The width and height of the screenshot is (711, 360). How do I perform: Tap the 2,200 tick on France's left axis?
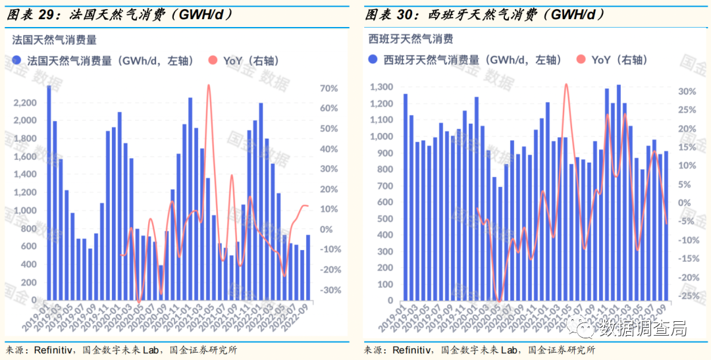coord(26,103)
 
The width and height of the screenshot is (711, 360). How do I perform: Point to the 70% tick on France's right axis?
coord(329,89)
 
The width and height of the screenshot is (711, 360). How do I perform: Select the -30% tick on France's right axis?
coord(327,290)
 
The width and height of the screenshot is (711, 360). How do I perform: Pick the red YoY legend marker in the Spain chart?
coord(580,60)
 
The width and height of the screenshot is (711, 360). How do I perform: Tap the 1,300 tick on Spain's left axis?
coord(381,88)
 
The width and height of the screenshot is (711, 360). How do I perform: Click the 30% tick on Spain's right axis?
coord(687,91)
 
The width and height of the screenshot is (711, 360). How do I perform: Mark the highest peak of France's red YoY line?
coord(209,85)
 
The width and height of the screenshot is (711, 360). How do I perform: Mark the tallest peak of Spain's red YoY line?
coord(566,84)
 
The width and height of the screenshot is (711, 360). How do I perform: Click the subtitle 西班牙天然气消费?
coord(410,39)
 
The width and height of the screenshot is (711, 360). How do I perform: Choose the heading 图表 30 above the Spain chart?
coord(390,14)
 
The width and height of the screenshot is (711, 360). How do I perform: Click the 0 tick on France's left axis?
coord(35,300)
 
